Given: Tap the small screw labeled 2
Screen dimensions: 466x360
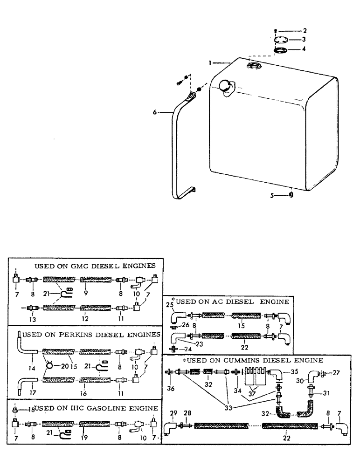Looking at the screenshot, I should (x=276, y=31).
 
